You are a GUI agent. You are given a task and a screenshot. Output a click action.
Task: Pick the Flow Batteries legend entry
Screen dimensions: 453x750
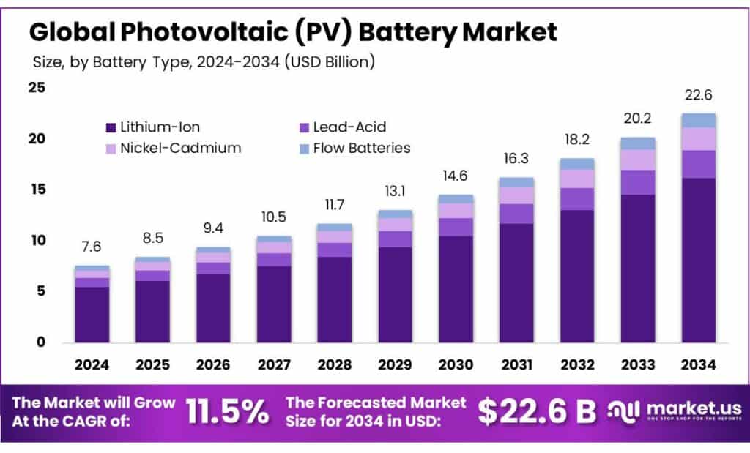point(361,148)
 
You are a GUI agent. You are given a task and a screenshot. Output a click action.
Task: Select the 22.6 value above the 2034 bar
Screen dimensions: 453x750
point(698,96)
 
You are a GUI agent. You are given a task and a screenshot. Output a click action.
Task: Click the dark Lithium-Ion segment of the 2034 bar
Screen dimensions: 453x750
point(698,260)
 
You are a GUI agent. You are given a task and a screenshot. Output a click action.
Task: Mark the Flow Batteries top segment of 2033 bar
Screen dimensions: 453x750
point(637,143)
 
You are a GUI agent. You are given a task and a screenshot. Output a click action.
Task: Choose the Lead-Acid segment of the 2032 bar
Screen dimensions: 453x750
point(577,199)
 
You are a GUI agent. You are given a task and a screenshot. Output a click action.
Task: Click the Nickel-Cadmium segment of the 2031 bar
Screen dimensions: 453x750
point(516,195)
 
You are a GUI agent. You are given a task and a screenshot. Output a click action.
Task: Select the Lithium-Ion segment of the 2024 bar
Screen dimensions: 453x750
point(92,315)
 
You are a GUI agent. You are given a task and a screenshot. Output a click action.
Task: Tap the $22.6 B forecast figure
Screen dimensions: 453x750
point(537,412)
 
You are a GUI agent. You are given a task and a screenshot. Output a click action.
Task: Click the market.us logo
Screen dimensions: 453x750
point(676,411)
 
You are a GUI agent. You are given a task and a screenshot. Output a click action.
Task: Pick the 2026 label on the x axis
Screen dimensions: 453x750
point(213,364)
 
